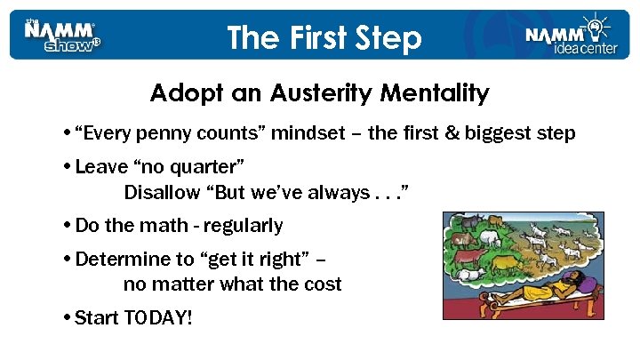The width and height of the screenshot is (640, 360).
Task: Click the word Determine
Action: [118, 260]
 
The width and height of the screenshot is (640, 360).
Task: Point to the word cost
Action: [322, 285]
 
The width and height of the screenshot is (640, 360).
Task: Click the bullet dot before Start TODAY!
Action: [68, 317]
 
